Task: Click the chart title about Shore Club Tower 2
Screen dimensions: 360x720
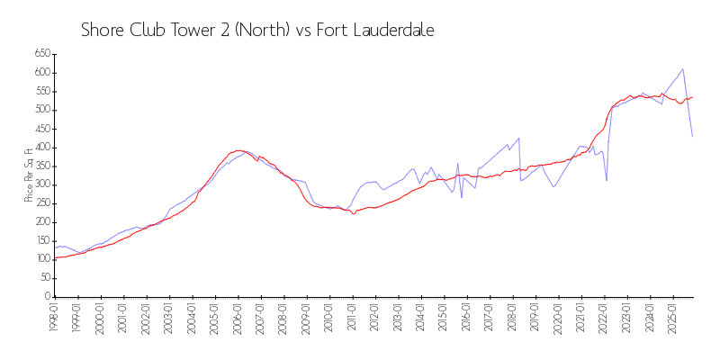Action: [x=257, y=30]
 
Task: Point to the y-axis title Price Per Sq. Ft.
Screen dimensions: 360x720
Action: [x=30, y=175]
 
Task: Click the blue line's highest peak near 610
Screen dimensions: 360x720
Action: [x=683, y=68]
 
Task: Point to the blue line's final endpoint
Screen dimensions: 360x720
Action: [x=692, y=136]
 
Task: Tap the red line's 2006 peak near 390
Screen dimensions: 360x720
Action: [x=238, y=150]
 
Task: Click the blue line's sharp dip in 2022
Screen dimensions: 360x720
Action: [x=607, y=180]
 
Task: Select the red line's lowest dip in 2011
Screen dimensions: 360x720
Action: [x=353, y=213]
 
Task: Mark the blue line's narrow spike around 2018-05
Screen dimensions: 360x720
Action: [x=518, y=138]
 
